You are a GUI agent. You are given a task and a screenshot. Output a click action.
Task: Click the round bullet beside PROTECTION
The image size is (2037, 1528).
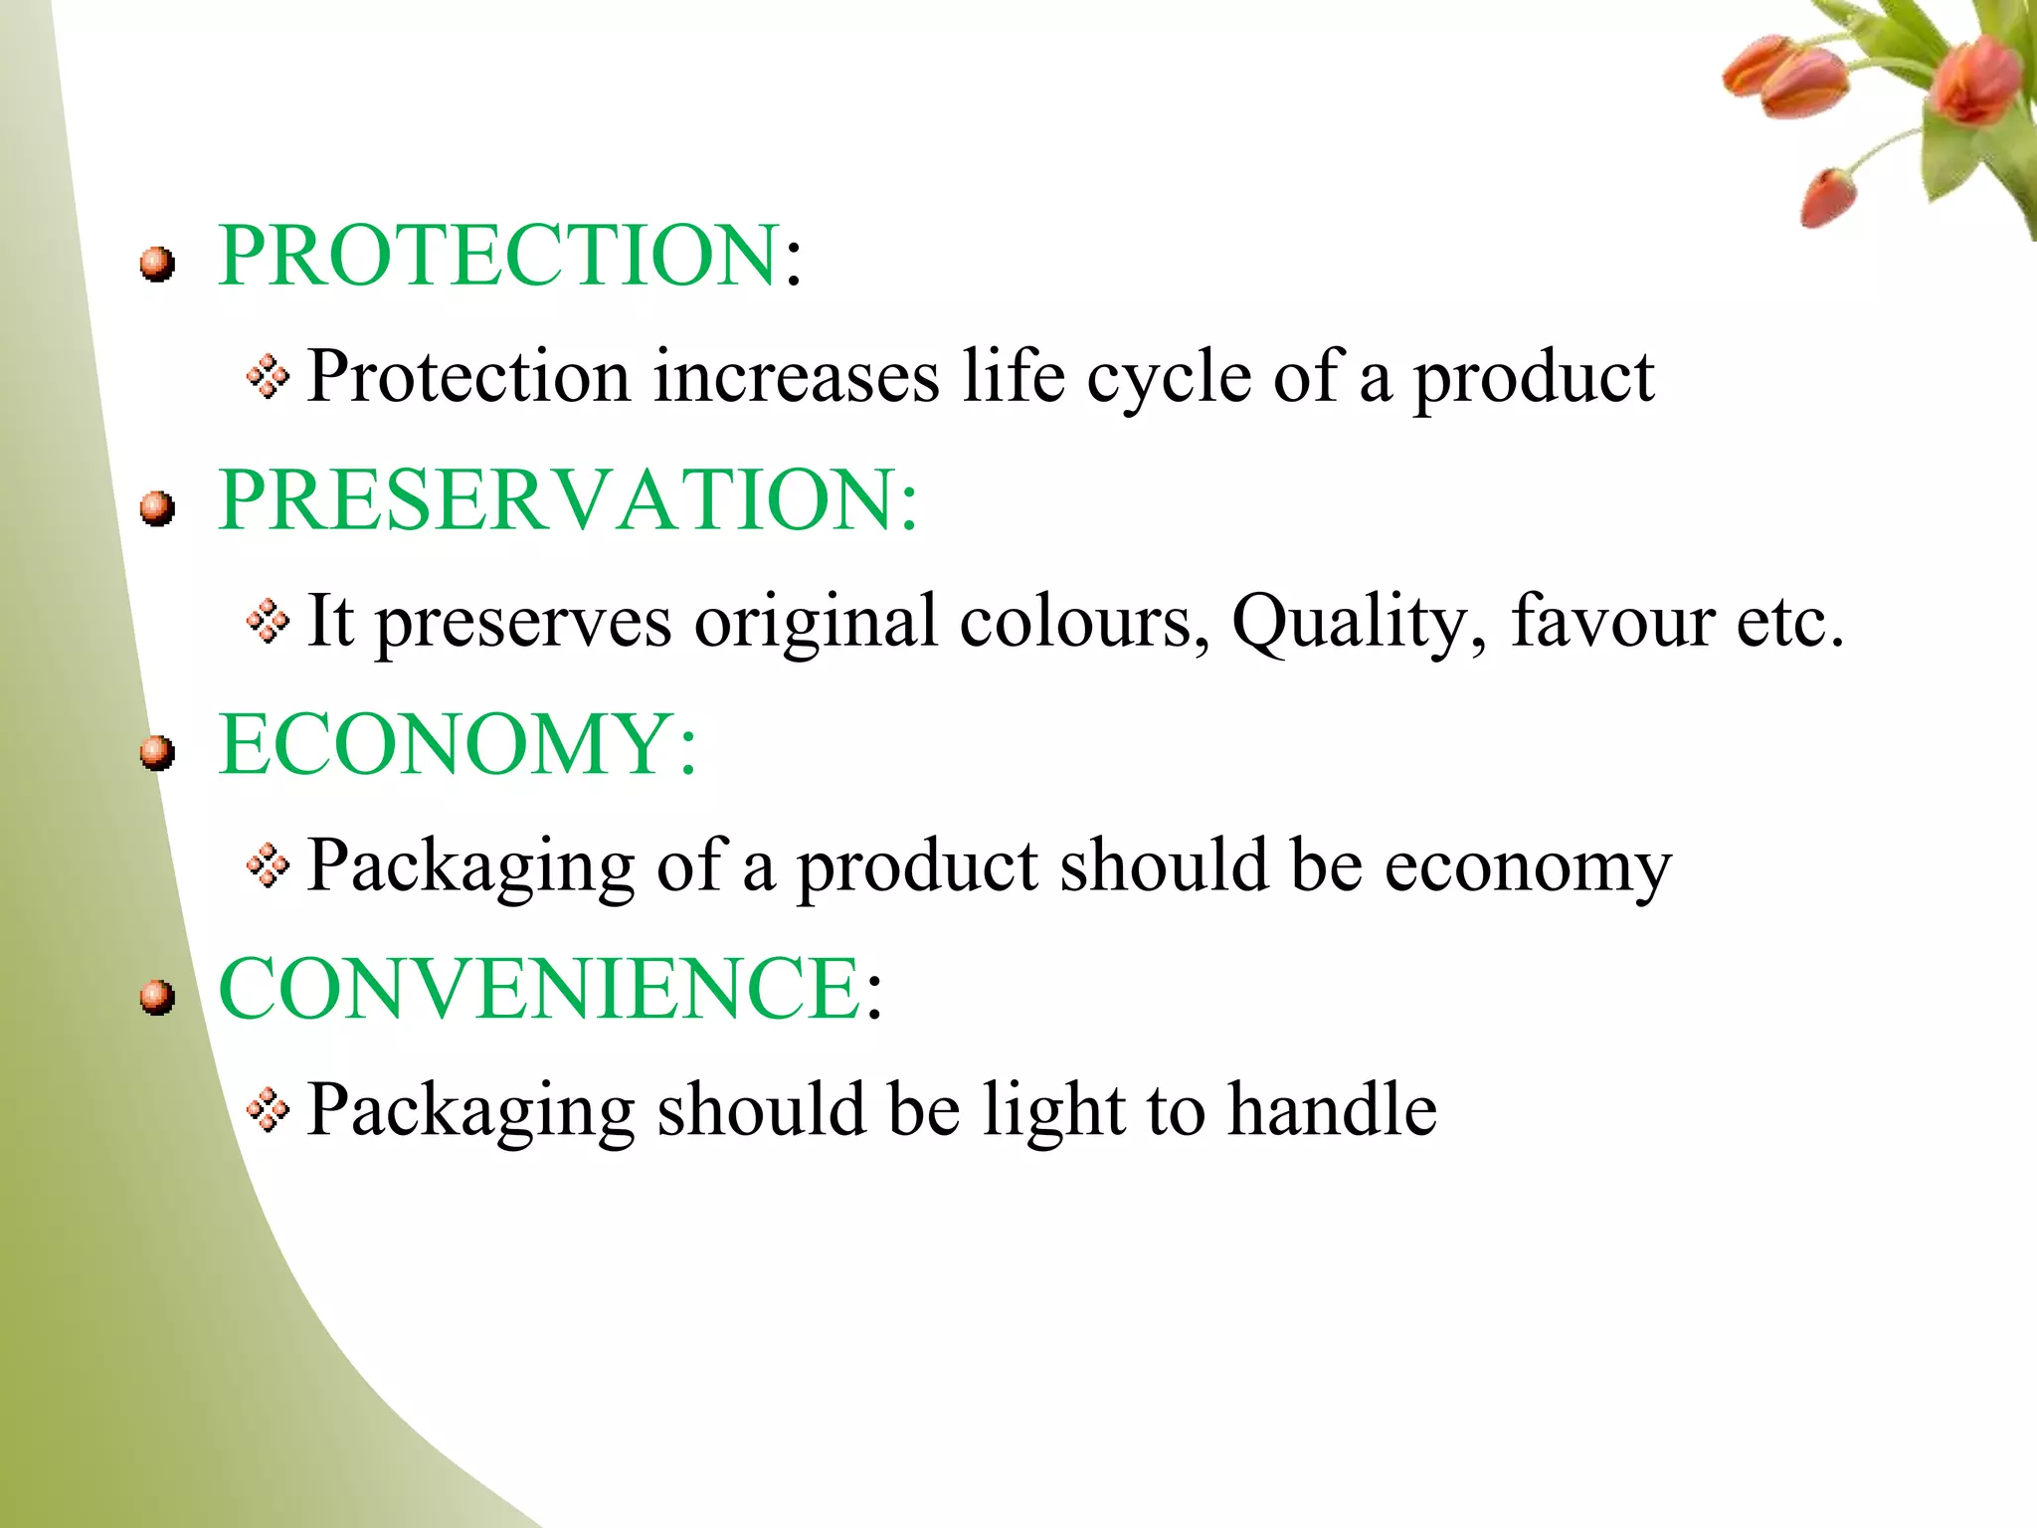[x=157, y=265]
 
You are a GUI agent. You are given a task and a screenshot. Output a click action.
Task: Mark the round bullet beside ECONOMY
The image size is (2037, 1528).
[x=157, y=753]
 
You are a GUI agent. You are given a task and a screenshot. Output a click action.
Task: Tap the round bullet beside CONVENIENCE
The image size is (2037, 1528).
[x=157, y=997]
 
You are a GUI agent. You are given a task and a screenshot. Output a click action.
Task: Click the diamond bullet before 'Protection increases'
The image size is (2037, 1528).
[x=268, y=377]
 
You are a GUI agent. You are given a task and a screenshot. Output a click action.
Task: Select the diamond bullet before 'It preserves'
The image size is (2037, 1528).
[x=268, y=622]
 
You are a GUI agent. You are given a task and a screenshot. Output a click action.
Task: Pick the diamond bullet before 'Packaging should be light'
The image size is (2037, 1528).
[x=268, y=1110]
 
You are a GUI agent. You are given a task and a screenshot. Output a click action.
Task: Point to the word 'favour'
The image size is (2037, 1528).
[x=1612, y=621]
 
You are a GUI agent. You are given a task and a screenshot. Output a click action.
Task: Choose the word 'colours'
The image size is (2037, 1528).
[x=1083, y=621]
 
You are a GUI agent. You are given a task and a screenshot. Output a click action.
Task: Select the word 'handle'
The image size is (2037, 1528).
[x=1332, y=1109]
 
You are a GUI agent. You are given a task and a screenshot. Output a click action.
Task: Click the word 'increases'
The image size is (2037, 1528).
[x=796, y=378]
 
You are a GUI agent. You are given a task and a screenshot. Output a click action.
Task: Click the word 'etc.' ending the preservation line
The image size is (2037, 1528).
[x=1790, y=623]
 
